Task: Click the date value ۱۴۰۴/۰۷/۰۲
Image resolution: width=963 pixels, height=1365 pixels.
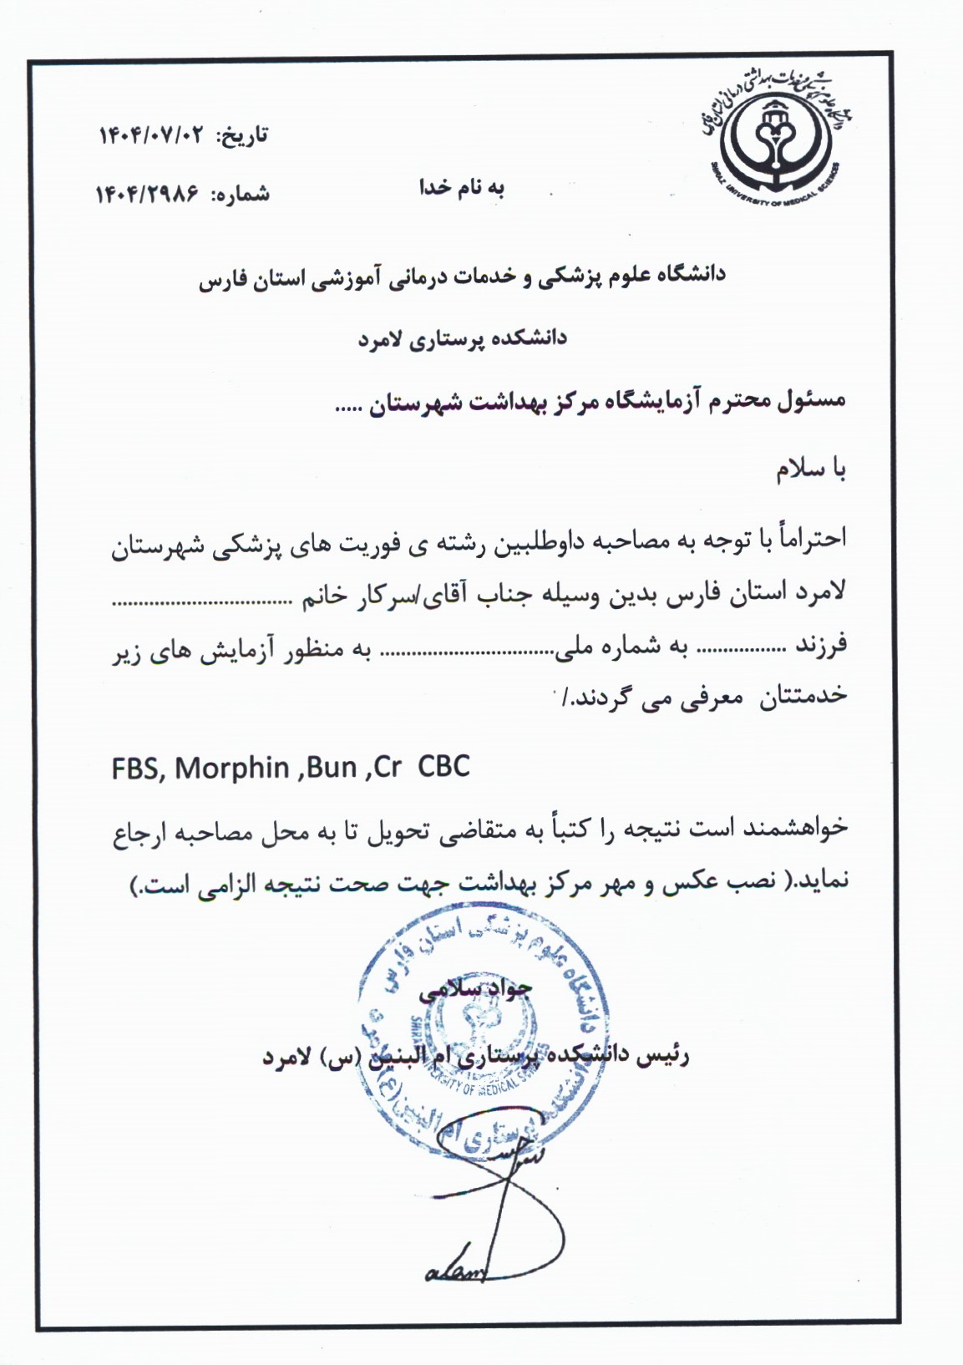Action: pyautogui.click(x=151, y=135)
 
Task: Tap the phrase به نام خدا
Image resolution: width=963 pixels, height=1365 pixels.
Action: pyautogui.click(x=462, y=188)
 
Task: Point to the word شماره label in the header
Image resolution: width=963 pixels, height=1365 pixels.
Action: pyautogui.click(x=241, y=195)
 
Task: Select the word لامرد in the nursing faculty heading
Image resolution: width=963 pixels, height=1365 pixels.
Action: pyautogui.click(x=381, y=338)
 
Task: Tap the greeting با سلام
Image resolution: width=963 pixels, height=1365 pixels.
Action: pyautogui.click(x=811, y=470)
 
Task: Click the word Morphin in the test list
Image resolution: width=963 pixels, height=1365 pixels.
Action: pyautogui.click(x=232, y=768)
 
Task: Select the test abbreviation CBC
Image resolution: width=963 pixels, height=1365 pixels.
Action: pyautogui.click(x=443, y=766)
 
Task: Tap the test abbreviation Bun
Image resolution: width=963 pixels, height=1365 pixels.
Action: pyautogui.click(x=332, y=768)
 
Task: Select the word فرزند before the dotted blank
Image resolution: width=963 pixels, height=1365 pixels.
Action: pyautogui.click(x=821, y=644)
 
